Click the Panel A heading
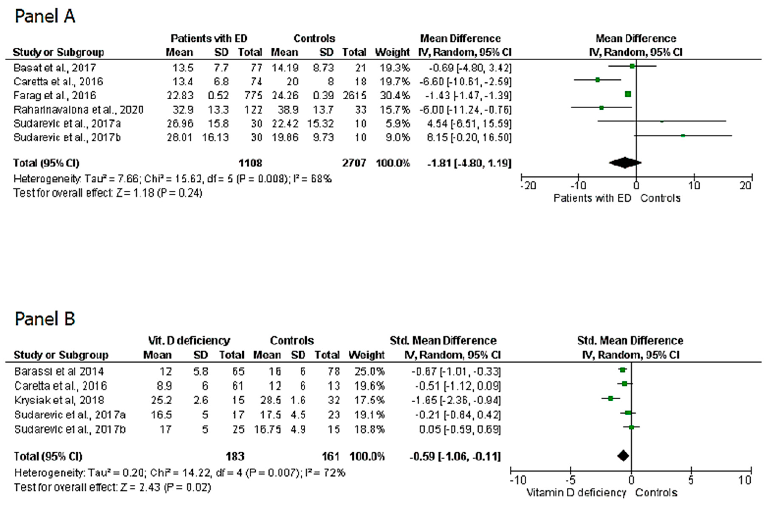tap(45, 16)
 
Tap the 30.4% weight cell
tap(395, 95)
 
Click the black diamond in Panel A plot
tap(625, 163)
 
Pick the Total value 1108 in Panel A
tap(250, 163)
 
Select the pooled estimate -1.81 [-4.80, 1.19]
tap(469, 163)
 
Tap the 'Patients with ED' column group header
tap(209, 38)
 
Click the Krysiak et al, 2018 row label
tap(59, 400)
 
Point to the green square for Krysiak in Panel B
tap(610, 398)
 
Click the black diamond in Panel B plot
tap(623, 456)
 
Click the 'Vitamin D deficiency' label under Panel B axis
tap(576, 492)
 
